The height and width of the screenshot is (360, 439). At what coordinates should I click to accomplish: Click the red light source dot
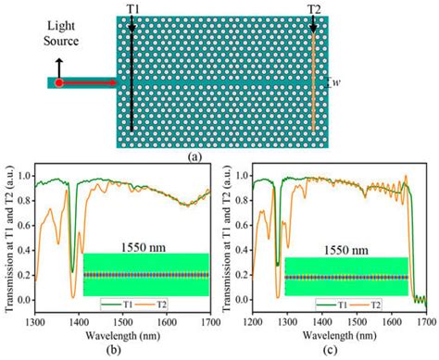pos(58,83)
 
